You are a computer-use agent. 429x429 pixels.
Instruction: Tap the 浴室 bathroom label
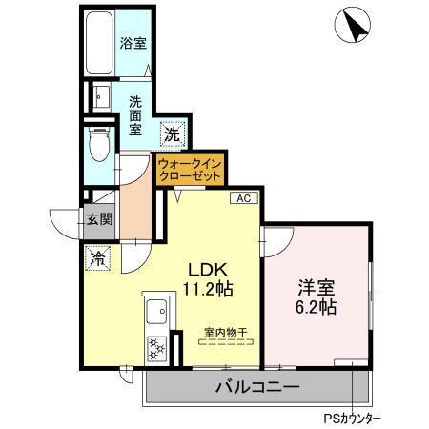point(133,43)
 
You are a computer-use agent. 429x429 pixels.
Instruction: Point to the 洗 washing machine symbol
point(171,134)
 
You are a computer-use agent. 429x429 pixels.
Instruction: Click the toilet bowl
point(97,144)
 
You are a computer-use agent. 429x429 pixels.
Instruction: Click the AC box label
point(243,199)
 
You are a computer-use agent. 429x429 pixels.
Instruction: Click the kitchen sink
point(155,312)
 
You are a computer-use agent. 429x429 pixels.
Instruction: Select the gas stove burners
point(155,347)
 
